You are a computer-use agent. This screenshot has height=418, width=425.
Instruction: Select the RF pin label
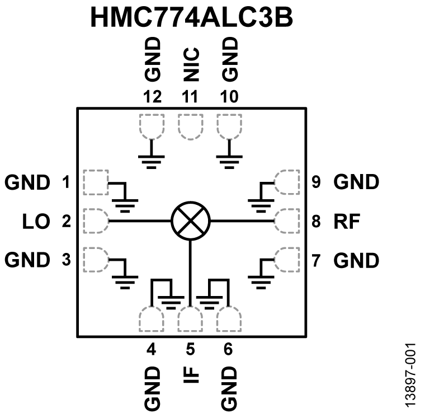347,221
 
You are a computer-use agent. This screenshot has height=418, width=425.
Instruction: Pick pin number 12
152,96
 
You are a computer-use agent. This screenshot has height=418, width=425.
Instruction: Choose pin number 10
229,96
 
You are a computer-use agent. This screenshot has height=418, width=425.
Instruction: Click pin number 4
151,350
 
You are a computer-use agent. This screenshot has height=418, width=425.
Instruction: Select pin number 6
228,350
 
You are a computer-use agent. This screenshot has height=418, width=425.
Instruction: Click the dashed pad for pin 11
191,126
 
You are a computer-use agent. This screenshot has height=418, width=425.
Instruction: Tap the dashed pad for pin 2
95,221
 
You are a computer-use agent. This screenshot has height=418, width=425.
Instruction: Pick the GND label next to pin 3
27,260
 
